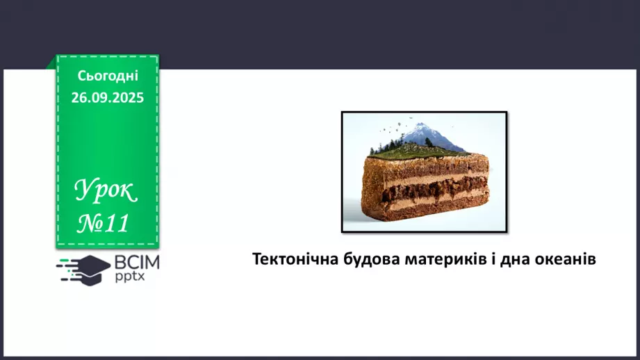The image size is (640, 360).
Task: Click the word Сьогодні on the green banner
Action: pos(107,75)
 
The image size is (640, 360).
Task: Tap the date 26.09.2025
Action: pos(107,97)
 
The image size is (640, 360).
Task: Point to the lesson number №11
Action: pos(104,223)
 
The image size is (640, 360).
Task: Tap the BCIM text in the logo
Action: pos(138,263)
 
